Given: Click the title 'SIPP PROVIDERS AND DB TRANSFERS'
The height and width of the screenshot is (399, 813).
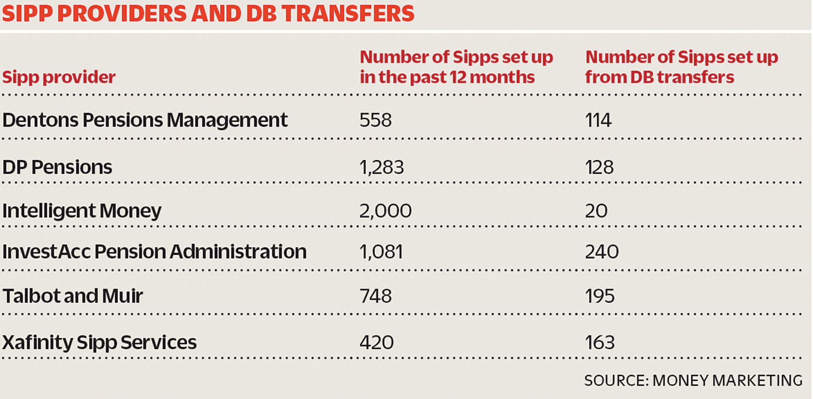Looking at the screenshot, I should click(x=208, y=13).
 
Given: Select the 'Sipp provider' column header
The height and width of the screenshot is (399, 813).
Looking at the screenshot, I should click(x=59, y=77).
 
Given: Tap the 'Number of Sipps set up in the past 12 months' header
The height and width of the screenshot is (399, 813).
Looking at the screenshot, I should click(x=456, y=67).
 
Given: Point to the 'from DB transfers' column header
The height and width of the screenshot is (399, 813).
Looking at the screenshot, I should click(x=681, y=67).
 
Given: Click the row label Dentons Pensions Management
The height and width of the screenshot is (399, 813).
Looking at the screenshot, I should click(x=145, y=120).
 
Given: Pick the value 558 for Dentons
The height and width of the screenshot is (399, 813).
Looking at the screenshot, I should click(x=375, y=120).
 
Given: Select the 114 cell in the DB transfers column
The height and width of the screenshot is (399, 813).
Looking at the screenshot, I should click(x=598, y=120).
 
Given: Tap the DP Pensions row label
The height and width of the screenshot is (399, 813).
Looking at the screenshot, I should click(x=57, y=167).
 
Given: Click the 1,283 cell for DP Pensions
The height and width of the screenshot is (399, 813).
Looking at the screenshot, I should click(x=381, y=167).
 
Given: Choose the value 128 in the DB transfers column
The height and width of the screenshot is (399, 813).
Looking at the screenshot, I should click(x=599, y=167).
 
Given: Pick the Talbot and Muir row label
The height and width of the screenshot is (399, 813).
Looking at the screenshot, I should click(x=72, y=296).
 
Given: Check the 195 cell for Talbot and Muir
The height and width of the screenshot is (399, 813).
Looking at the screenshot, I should click(x=599, y=296).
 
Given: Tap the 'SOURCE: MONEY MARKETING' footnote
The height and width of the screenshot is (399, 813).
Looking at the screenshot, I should click(x=693, y=381).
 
